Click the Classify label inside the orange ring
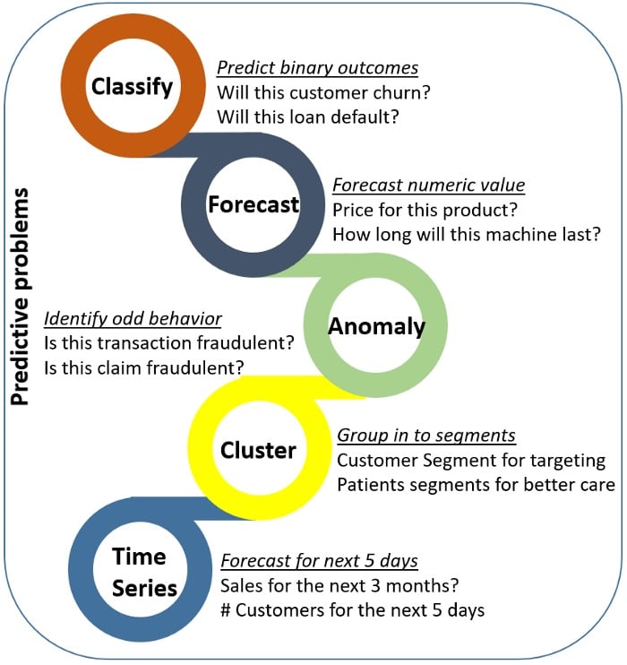(132, 87)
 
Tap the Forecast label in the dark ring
(253, 205)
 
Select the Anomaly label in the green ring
(376, 327)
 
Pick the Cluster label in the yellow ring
(258, 449)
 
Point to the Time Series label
(140, 572)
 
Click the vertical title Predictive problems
(21, 296)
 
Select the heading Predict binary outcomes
(318, 68)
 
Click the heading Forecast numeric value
(428, 186)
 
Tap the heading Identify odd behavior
(133, 319)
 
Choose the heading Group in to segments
(426, 436)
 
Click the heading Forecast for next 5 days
(319, 562)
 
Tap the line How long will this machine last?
(467, 235)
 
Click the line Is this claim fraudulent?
(133, 367)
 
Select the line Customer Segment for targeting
(471, 461)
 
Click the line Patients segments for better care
(476, 485)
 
